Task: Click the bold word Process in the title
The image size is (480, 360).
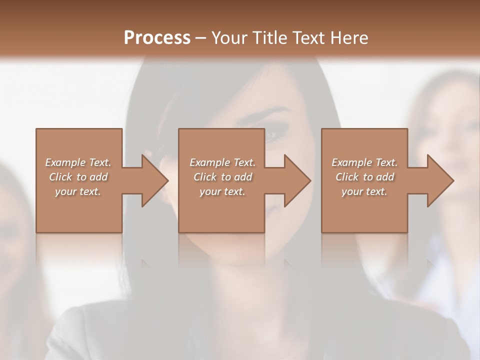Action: click(157, 37)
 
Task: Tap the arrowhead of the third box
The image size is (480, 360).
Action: click(439, 180)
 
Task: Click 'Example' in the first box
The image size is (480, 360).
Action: click(64, 162)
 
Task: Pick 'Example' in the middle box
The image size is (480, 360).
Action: click(209, 162)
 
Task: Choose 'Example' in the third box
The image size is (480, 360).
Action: click(351, 162)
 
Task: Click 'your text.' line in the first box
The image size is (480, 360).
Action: click(78, 191)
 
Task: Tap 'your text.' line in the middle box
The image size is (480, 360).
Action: click(222, 191)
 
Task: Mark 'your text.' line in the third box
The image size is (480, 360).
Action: click(364, 191)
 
